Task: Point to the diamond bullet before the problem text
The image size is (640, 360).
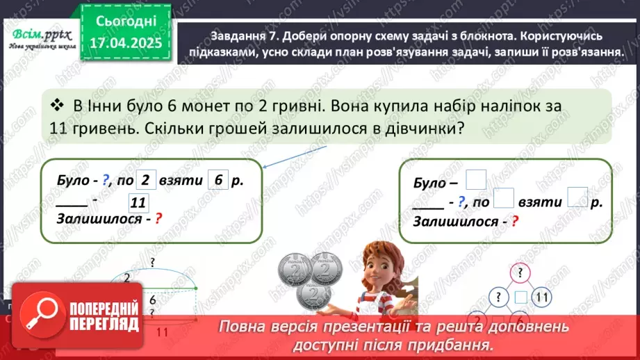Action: click(x=57, y=105)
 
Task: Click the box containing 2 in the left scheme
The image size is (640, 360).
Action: click(x=145, y=180)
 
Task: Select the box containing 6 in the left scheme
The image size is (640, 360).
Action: click(x=218, y=180)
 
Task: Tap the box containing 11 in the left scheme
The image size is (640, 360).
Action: click(x=138, y=203)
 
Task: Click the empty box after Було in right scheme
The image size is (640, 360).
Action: click(x=476, y=179)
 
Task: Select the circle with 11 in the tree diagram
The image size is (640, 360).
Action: click(x=543, y=297)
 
